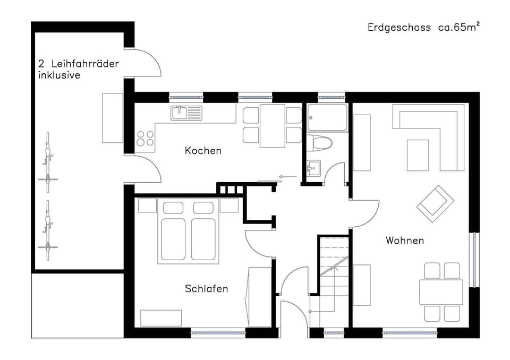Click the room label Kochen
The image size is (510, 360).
203,151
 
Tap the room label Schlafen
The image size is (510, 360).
206,289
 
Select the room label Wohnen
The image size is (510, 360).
405,241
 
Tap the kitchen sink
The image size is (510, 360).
186,113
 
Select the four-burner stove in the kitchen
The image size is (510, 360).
145,138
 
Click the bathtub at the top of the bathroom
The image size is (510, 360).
327,117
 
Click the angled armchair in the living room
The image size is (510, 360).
435,203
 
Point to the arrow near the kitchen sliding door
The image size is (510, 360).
287,176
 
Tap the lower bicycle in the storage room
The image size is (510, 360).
48,230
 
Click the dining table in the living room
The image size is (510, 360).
441,292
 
